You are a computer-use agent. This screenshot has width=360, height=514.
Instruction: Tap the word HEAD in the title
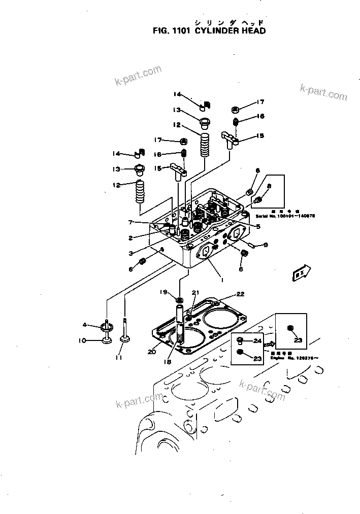(253, 30)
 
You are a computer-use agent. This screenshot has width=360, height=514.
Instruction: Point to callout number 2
(130, 237)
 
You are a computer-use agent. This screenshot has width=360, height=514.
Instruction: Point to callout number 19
(163, 292)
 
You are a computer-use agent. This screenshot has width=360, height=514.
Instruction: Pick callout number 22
(240, 294)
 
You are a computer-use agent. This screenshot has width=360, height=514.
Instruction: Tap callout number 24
(257, 340)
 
